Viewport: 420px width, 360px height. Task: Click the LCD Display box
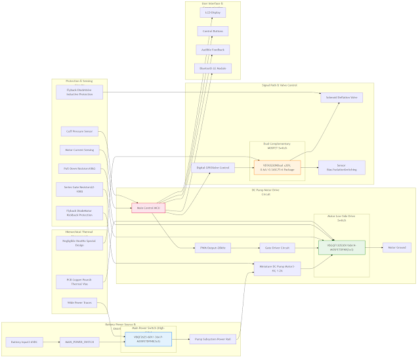click(213, 12)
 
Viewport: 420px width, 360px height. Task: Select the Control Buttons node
click(213, 31)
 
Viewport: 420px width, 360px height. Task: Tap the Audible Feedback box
click(213, 50)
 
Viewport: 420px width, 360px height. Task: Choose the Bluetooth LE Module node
click(213, 68)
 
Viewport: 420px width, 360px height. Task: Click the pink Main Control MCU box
click(148, 208)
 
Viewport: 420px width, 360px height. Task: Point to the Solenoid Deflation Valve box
click(341, 98)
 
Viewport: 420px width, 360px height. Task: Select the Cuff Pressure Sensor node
click(80, 131)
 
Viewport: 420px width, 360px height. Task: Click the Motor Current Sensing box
click(80, 150)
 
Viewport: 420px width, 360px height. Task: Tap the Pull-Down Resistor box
click(80, 169)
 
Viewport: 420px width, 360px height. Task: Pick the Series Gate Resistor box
click(80, 190)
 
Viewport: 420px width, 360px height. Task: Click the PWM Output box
click(213, 248)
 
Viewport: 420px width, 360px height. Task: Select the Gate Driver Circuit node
click(278, 248)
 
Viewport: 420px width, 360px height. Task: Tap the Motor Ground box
click(396, 248)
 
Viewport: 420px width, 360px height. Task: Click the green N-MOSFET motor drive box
click(341, 248)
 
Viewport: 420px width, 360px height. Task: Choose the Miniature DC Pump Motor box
click(272, 268)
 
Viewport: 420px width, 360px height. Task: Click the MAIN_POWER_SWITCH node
click(79, 342)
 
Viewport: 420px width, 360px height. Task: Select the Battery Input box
click(25, 342)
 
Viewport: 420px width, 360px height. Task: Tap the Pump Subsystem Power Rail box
click(211, 340)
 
